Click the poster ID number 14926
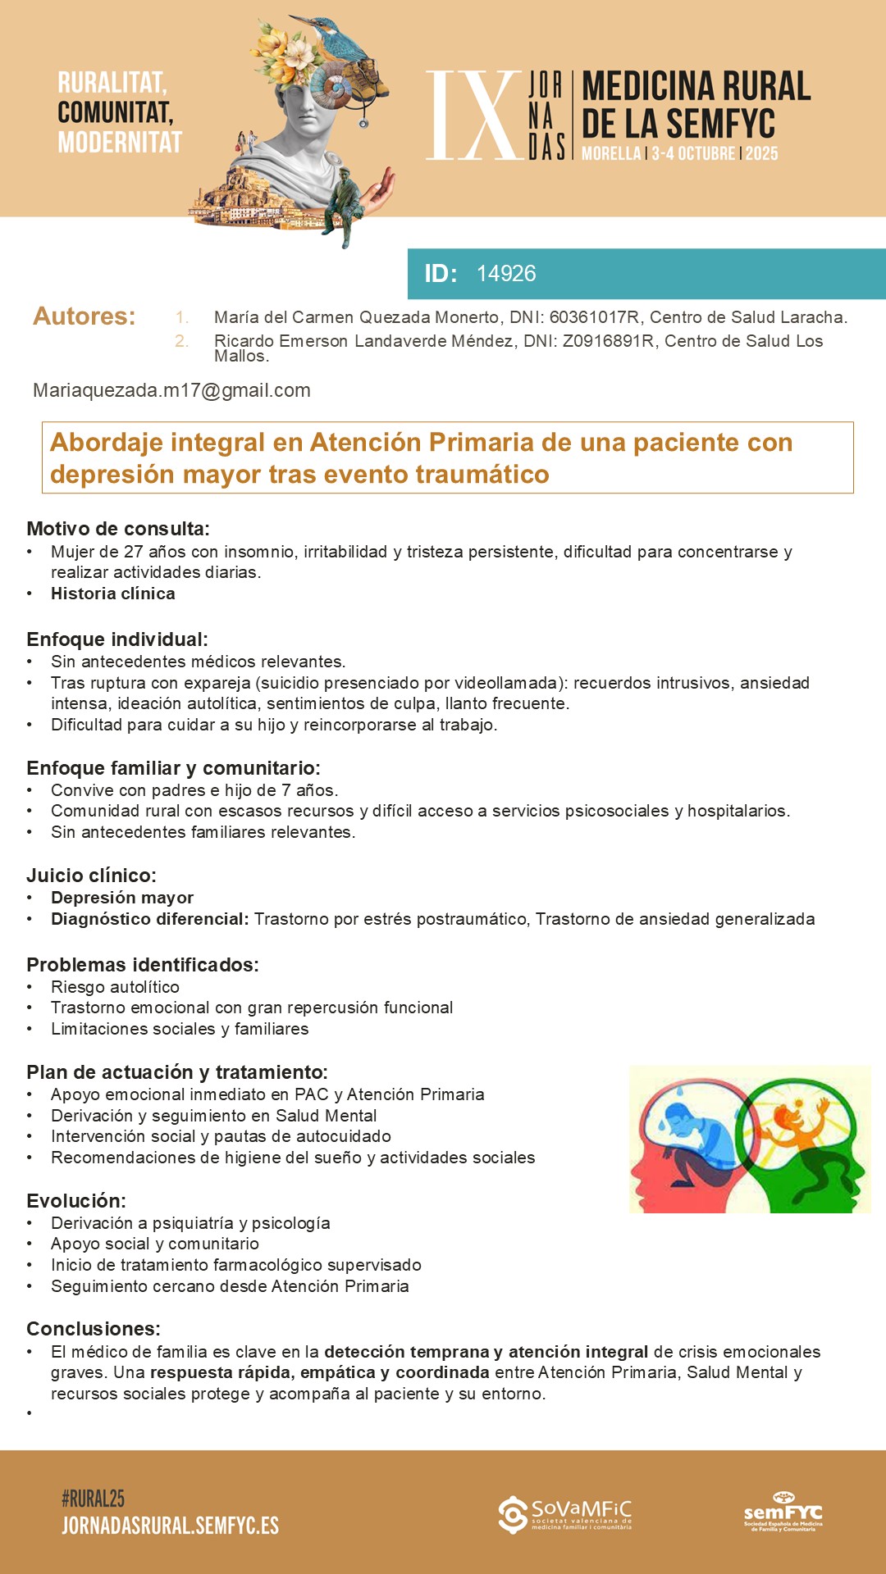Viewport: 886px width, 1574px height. (x=506, y=274)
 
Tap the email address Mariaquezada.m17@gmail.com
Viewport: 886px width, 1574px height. (x=171, y=390)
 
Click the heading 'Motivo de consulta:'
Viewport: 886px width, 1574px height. (x=118, y=529)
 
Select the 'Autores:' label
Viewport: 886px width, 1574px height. (x=84, y=316)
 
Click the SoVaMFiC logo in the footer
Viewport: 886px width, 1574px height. (x=565, y=1515)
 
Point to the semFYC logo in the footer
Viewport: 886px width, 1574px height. (x=783, y=1512)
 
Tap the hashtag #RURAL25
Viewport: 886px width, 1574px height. (x=93, y=1499)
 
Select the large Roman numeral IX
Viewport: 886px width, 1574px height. (x=473, y=116)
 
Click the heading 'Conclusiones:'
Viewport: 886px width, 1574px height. (x=94, y=1329)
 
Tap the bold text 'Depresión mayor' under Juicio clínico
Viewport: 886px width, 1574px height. (x=122, y=898)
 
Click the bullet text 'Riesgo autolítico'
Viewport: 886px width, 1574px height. (x=115, y=987)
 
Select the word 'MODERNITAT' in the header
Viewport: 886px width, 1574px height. (x=120, y=143)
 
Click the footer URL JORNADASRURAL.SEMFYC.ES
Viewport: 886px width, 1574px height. (x=170, y=1526)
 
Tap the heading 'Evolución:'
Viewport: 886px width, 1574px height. (x=76, y=1201)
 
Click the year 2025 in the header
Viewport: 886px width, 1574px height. (x=761, y=153)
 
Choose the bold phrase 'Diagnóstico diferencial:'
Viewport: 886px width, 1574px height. (x=149, y=919)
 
